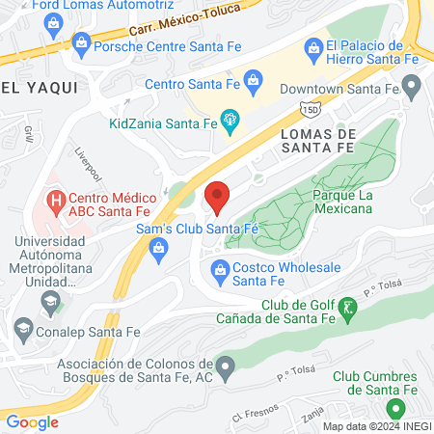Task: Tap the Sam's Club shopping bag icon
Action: pos(157,249)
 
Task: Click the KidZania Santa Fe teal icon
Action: pos(230,122)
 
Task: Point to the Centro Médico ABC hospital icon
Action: pos(56,203)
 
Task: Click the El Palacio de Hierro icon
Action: pos(312,47)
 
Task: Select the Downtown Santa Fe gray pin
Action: pos(412,88)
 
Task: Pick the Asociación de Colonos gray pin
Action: pos(225,366)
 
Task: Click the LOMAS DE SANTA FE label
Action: pos(317,141)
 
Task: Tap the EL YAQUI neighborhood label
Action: pos(27,88)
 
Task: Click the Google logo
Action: pos(33,421)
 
